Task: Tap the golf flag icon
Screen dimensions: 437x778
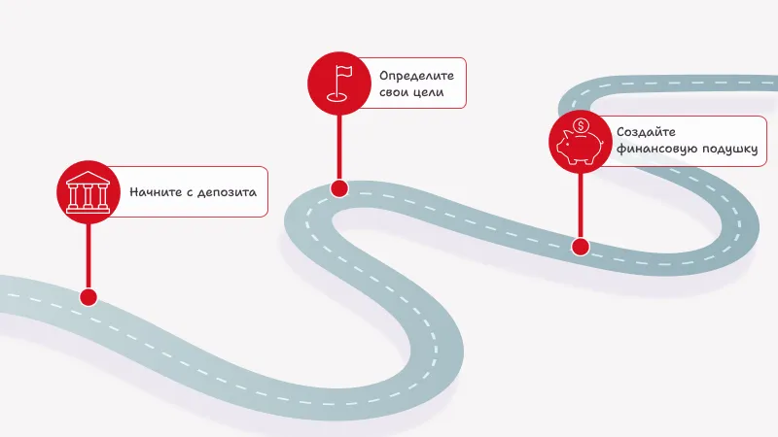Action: [338, 82]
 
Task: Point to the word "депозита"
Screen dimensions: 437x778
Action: [227, 191]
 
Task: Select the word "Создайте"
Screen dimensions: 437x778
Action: [646, 132]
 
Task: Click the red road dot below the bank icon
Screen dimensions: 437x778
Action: [88, 296]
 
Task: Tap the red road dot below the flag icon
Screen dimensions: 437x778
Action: [338, 187]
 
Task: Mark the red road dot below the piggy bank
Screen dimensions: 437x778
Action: [580, 247]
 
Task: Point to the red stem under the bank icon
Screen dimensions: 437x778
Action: [88, 252]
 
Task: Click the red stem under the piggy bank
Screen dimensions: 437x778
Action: [580, 204]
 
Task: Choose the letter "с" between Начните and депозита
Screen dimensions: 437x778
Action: [189, 192]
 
